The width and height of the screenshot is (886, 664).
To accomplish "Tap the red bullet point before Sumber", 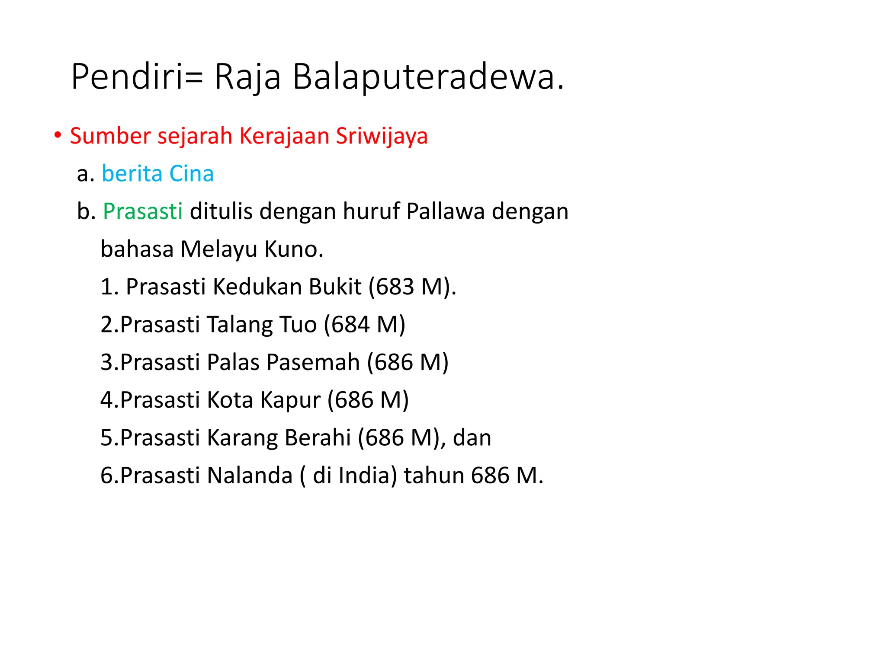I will (57, 135).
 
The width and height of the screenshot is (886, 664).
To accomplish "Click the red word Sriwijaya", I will (382, 136).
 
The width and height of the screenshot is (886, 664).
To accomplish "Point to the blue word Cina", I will (191, 174).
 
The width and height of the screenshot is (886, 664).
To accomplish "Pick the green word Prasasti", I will (142, 211).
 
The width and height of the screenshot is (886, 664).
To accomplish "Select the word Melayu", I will (218, 249).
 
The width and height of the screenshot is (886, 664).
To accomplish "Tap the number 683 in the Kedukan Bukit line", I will (395, 287).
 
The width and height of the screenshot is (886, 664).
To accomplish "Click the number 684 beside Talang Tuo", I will (350, 325).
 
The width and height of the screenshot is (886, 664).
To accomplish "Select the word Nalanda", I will (250, 476).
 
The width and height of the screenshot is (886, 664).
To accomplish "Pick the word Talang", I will (239, 325).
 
